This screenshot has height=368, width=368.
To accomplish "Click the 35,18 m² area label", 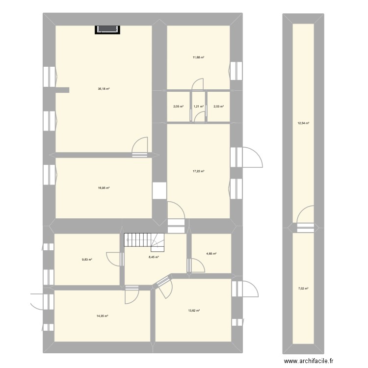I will click(104, 89).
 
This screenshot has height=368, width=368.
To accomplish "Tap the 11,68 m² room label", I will click(198, 57).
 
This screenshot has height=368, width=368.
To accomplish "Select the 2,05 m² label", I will click(178, 106).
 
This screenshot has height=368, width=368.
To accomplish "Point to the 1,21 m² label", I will click(198, 106).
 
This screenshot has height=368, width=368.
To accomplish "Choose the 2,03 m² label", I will click(218, 106).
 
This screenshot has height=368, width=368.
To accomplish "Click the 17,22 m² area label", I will click(198, 171).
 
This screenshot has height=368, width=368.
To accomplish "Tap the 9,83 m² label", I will click(87, 260).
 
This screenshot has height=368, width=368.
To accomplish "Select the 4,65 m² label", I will click(211, 254).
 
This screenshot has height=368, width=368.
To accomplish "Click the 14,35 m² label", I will click(102, 316).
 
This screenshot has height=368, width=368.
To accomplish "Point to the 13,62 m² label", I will click(194, 311).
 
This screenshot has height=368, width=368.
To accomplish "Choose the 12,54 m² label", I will click(303, 123).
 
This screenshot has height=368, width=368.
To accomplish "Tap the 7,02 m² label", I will click(303, 289).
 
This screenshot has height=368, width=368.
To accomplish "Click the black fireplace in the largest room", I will click(107, 29).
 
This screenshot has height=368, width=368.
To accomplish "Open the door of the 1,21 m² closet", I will click(199, 116).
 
